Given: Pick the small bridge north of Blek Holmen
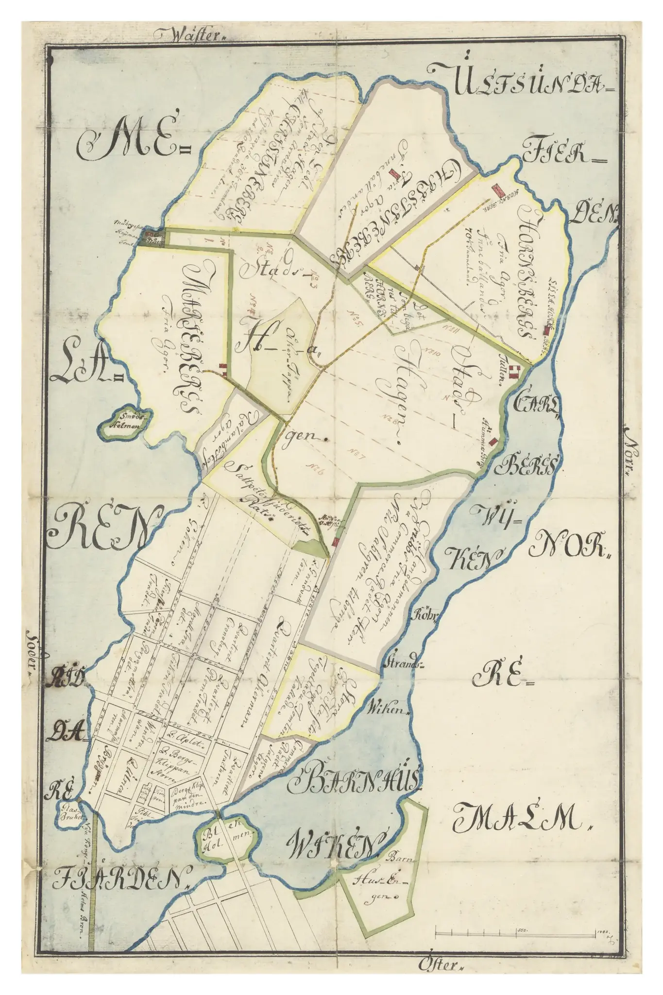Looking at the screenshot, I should click(217, 814).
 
